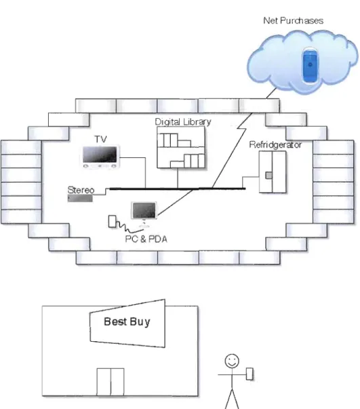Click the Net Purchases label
pyautogui.click(x=294, y=20)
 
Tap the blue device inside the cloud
pyautogui.click(x=310, y=66)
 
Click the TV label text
pyautogui.click(x=100, y=139)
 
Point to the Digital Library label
pyautogui.click(x=183, y=122)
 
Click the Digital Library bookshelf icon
pyautogui.click(x=181, y=147)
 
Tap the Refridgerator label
pyautogui.click(x=275, y=144)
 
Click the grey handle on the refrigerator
pyautogui.click(x=268, y=175)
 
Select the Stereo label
pyautogui.click(x=81, y=190)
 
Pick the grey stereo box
pyautogui.click(x=80, y=199)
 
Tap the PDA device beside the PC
pyautogui.click(x=112, y=221)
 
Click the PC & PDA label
pyautogui.click(x=146, y=239)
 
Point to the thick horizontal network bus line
pyautogui.click(x=177, y=189)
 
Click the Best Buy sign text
pyautogui.click(x=127, y=322)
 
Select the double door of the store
pyautogui.click(x=111, y=382)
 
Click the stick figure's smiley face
pyautogui.click(x=232, y=361)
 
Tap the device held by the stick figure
pyautogui.click(x=249, y=374)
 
